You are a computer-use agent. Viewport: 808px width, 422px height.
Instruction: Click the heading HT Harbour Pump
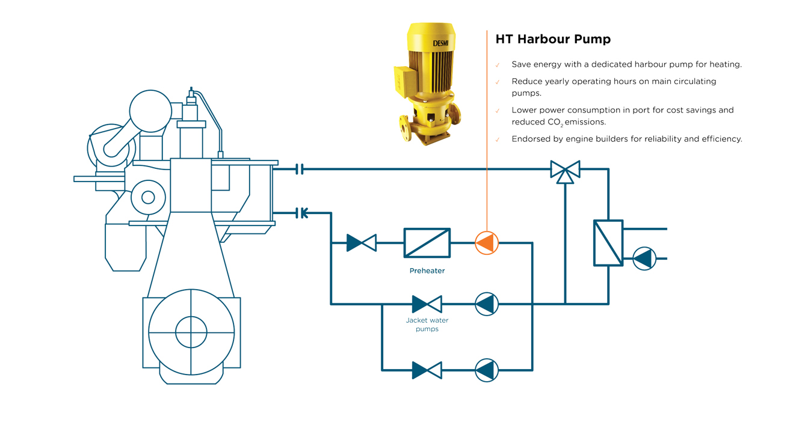pyautogui.click(x=552, y=39)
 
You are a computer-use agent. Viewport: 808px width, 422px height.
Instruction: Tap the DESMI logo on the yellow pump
pyautogui.click(x=440, y=43)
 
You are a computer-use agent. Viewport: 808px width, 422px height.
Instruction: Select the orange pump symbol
pyautogui.click(x=486, y=243)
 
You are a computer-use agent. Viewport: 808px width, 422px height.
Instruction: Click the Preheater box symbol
pyautogui.click(x=427, y=243)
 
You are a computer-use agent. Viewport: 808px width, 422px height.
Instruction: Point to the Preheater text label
pyautogui.click(x=427, y=271)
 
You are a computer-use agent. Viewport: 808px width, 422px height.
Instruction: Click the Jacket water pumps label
pyautogui.click(x=427, y=325)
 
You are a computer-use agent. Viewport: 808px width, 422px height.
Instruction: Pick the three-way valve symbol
pyautogui.click(x=565, y=170)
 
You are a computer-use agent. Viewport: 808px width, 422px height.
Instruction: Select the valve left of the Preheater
pyautogui.click(x=362, y=243)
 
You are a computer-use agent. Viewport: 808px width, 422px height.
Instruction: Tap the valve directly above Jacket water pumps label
pyautogui.click(x=427, y=304)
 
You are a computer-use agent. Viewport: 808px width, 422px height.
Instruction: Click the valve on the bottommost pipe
pyautogui.click(x=427, y=370)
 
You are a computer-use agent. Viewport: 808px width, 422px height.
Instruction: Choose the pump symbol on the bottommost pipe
pyautogui.click(x=486, y=370)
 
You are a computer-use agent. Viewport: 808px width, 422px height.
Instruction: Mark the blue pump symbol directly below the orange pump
pyautogui.click(x=486, y=304)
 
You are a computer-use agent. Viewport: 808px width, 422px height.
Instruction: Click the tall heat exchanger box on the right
pyautogui.click(x=608, y=243)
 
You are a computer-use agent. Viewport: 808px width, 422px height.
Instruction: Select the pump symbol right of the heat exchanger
pyautogui.click(x=644, y=258)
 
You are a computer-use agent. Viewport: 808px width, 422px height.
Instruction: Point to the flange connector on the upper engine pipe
pyautogui.click(x=300, y=170)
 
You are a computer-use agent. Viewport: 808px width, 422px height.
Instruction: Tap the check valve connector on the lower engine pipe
pyautogui.click(x=302, y=213)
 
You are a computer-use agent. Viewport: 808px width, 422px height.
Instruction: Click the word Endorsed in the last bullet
pyautogui.click(x=529, y=139)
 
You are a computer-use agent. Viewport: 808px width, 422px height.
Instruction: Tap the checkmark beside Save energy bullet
pyautogui.click(x=498, y=65)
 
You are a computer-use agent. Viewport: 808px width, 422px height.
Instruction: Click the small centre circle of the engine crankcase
pyautogui.click(x=191, y=332)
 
